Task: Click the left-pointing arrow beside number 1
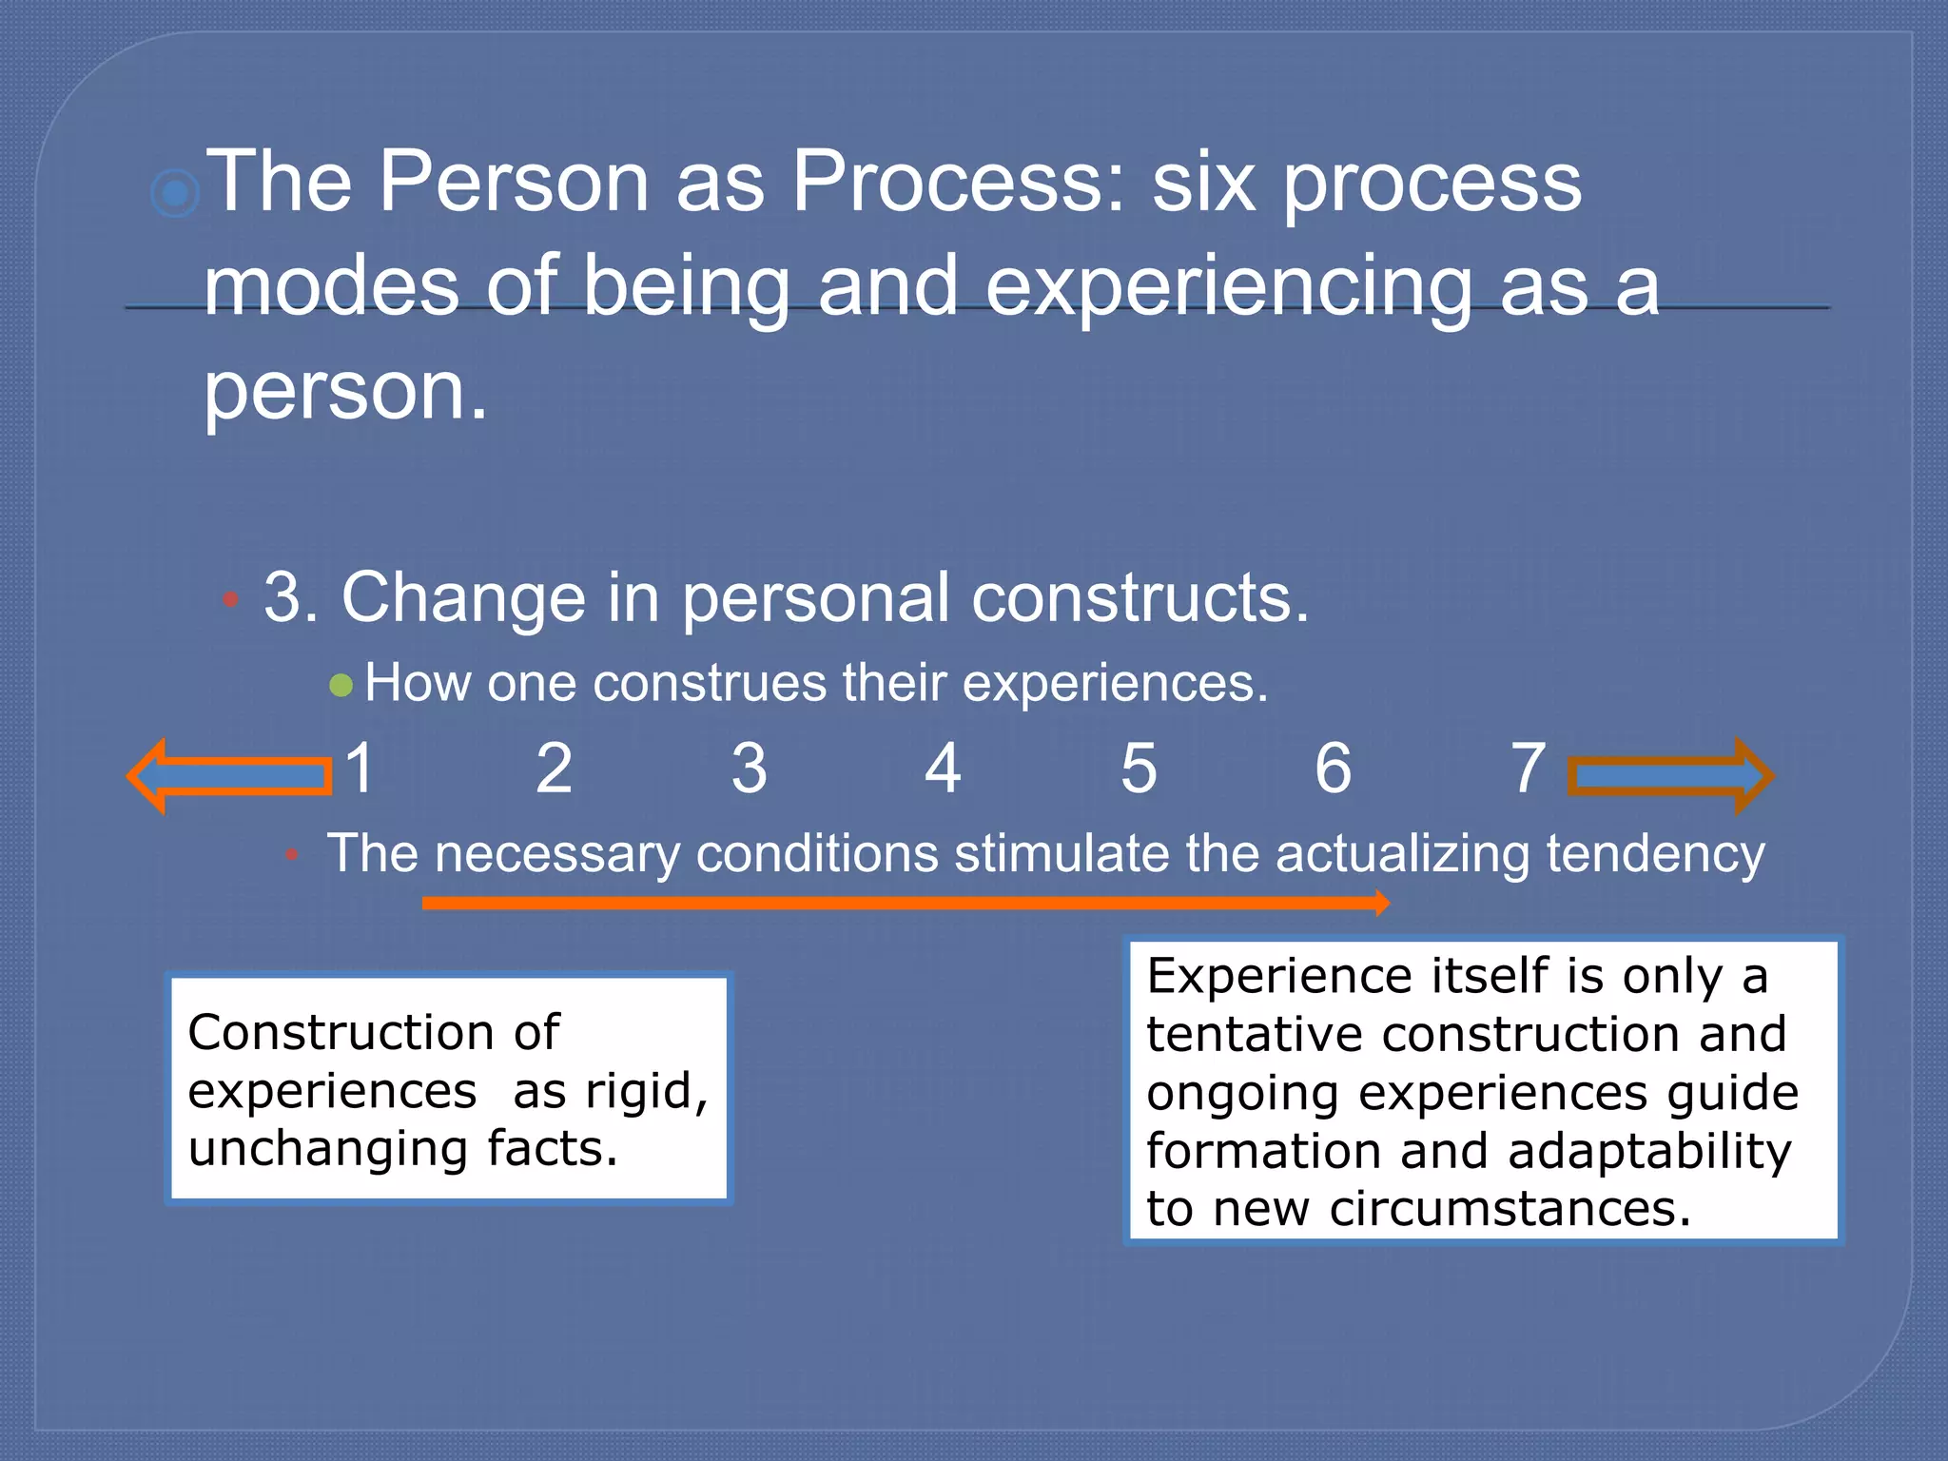point(228,775)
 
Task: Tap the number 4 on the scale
point(943,769)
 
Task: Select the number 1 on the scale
point(360,769)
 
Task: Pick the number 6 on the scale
point(1334,769)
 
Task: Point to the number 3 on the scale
point(750,769)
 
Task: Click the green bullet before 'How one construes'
point(341,686)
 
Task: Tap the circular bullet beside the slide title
point(175,194)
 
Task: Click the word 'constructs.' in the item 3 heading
point(1140,599)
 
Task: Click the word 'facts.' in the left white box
point(553,1149)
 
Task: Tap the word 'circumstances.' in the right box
point(1510,1210)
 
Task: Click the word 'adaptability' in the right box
point(1648,1152)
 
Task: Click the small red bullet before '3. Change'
point(230,600)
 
